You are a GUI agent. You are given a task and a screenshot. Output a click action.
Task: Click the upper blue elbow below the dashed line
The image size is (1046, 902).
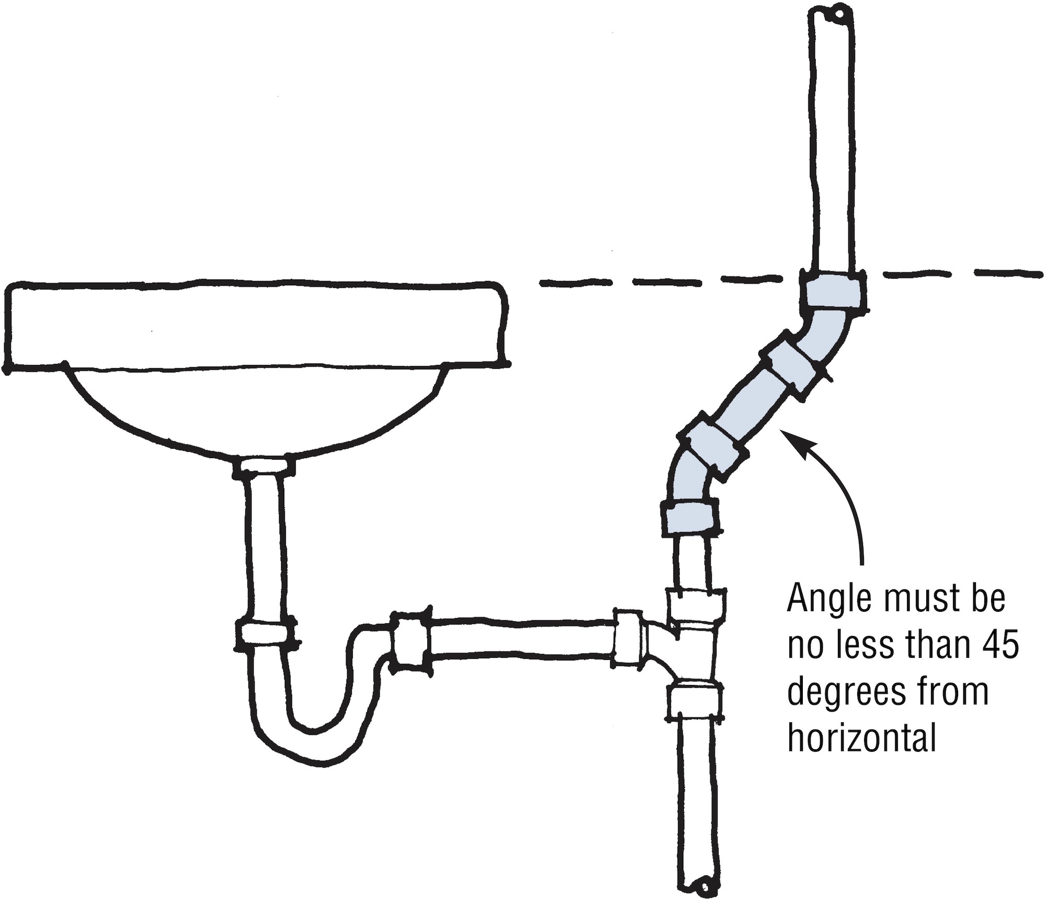tap(826, 335)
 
